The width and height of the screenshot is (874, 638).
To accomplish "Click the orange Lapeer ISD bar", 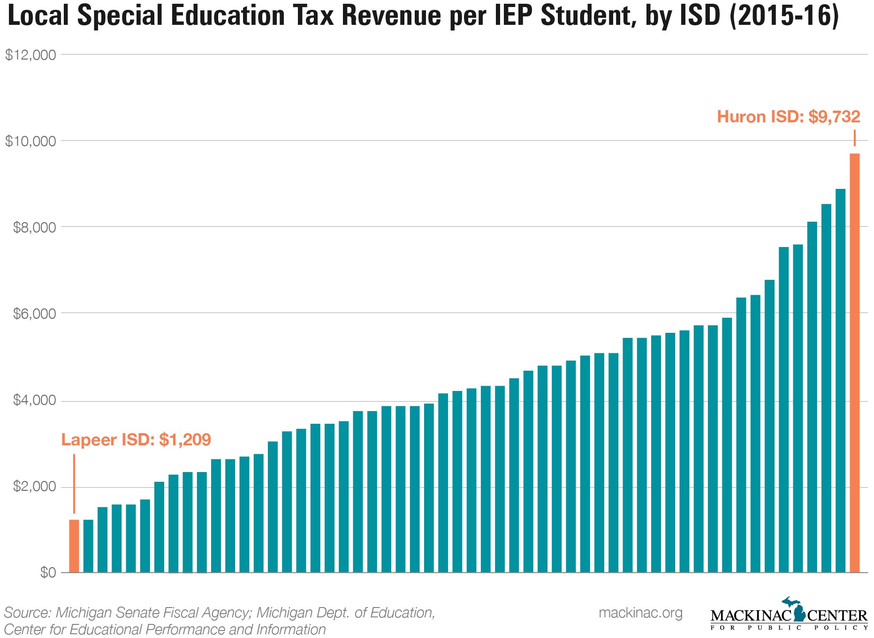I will click(74, 546).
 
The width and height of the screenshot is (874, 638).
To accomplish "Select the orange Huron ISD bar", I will click(854, 363).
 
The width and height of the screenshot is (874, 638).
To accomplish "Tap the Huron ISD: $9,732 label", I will click(789, 117).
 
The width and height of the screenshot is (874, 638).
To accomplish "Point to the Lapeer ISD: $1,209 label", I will click(136, 440).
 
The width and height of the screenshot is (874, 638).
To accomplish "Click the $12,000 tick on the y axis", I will click(30, 55).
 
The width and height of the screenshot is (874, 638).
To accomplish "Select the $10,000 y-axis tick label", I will click(30, 141).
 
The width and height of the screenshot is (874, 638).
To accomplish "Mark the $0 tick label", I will click(48, 572).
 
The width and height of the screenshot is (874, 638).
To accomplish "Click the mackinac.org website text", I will click(641, 613).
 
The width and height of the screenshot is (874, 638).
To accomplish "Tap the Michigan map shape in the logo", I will click(794, 609).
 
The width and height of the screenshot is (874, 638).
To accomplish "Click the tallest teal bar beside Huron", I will click(840, 380).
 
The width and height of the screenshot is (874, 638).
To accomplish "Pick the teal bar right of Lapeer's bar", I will click(88, 546).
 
